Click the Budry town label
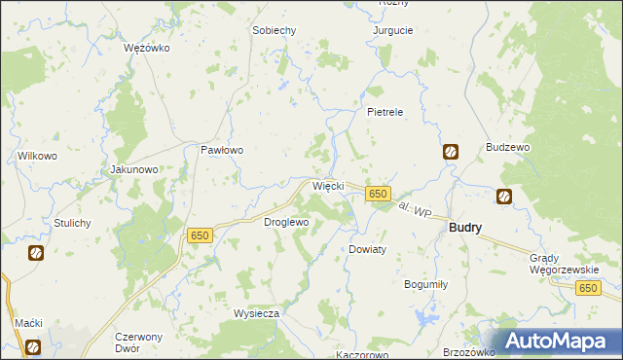pyautogui.click(x=465, y=227)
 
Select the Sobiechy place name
pyautogui.click(x=274, y=30)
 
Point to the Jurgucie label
pyautogui.click(x=393, y=30)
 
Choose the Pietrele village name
pyautogui.click(x=385, y=112)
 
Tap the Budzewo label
pyautogui.click(x=507, y=147)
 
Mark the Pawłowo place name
pyautogui.click(x=221, y=151)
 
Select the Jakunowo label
pyautogui.click(x=134, y=169)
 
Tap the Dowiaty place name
pyautogui.click(x=368, y=249)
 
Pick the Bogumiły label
pyautogui.click(x=425, y=284)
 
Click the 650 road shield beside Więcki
pyautogui.click(x=379, y=195)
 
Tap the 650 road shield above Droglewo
pyautogui.click(x=200, y=235)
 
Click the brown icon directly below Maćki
pyautogui.click(x=33, y=345)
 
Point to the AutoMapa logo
pyautogui.click(x=559, y=341)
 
